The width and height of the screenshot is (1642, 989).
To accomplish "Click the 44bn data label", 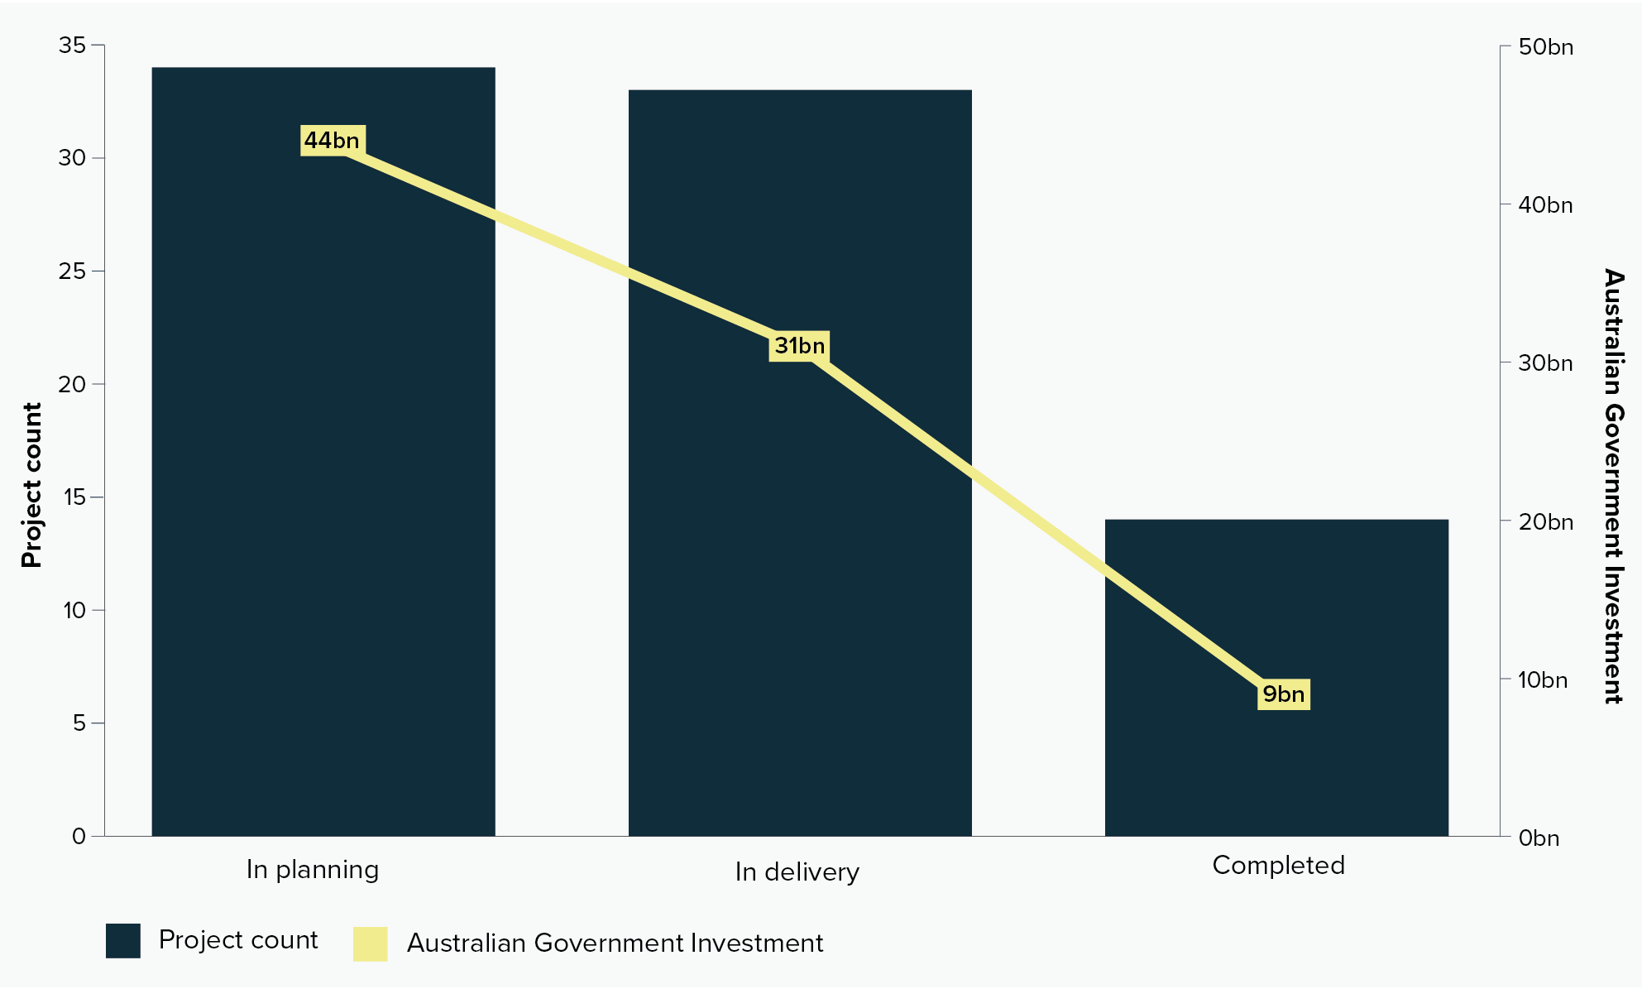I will pos(332,141).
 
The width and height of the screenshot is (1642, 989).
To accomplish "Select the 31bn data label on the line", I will pos(799,346).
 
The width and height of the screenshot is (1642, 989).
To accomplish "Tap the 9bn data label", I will pos(1283,694).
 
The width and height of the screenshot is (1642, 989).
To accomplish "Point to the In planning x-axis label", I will pos(313,870).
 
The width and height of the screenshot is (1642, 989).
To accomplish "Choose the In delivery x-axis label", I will pos(797,872).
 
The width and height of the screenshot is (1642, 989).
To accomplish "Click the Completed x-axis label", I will pos(1278,866).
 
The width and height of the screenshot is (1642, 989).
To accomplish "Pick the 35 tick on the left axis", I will pos(72,46).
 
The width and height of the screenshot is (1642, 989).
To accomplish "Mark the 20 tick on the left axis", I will pos(72,384).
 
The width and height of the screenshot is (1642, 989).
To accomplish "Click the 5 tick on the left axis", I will pos(79,723).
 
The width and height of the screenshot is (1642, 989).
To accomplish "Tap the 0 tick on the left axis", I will pos(79,837).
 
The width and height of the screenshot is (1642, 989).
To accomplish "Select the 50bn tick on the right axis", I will pos(1545,47).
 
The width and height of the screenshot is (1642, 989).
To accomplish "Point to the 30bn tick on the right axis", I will pos(1545,363).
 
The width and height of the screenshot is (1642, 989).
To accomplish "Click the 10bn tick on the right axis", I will pos(1542,680).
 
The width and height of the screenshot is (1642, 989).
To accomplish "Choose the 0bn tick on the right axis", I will pos(1539,838).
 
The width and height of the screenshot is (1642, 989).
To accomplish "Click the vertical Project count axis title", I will pos(31,485).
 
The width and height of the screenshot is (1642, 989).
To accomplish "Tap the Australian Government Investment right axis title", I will pos(1613,486).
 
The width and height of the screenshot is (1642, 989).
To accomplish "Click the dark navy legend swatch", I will pos(123,941).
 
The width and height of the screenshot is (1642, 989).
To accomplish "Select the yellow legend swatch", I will pos(370,944).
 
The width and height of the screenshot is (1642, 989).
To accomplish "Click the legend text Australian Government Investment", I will pos(615,943).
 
